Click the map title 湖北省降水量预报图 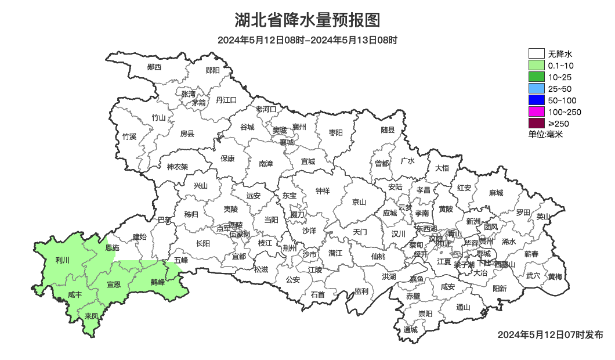click(x=307, y=20)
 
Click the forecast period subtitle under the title click(x=307, y=40)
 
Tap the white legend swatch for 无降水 click(x=536, y=54)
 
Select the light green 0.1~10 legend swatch click(x=536, y=66)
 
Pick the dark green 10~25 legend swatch click(x=536, y=77)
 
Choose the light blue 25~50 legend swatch click(x=536, y=89)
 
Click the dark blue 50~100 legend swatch click(x=536, y=100)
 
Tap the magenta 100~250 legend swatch click(x=536, y=112)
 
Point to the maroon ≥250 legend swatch click(x=536, y=123)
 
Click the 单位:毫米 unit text click(x=545, y=135)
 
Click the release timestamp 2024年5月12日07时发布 click(x=550, y=334)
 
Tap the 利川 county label click(x=62, y=261)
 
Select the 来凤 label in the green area click(x=91, y=316)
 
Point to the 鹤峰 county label click(x=158, y=283)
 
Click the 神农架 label click(x=178, y=167)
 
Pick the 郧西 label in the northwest click(x=154, y=67)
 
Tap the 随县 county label click(x=388, y=131)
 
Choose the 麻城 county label click(x=495, y=193)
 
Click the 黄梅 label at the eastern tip click(x=555, y=276)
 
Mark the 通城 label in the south click(x=411, y=330)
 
